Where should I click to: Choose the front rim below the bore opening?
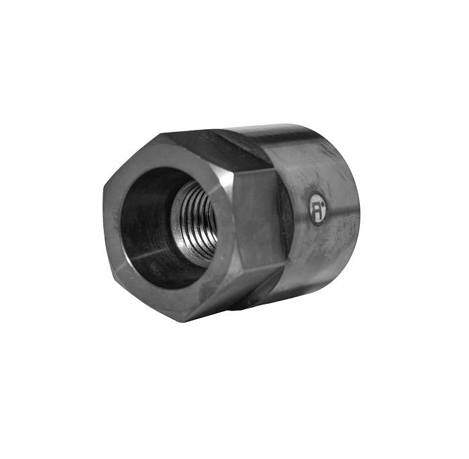[167, 298]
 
